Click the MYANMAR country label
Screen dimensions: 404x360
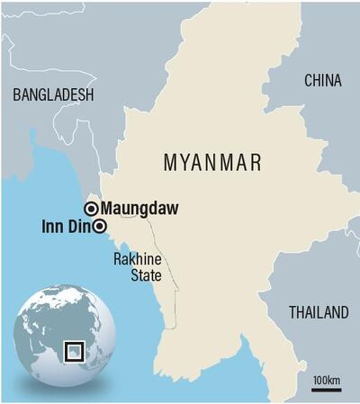coord(212,162)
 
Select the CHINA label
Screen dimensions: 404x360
coord(322,81)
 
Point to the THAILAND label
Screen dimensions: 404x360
coord(317,313)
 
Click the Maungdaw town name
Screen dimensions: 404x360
coord(139,209)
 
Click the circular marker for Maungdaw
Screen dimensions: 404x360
coord(91,209)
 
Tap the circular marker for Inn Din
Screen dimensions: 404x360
coord(100,226)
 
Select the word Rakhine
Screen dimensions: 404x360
coord(135,259)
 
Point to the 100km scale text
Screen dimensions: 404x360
coord(327,382)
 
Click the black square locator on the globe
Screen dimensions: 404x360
coord(75,351)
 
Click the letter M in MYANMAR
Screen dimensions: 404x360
coord(170,162)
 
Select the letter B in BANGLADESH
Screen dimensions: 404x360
coord(13,94)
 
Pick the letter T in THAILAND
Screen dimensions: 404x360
coord(292,313)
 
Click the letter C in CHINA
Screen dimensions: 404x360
coord(308,81)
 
